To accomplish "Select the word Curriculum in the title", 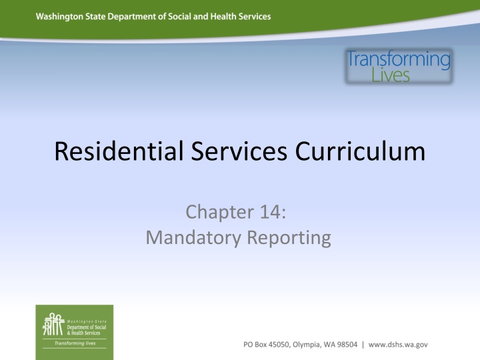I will [353, 152].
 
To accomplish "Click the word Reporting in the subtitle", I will [291, 237].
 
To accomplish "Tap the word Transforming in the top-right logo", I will [399, 60].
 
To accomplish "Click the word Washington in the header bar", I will [61, 17].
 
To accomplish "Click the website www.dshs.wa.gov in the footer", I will [398, 344].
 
